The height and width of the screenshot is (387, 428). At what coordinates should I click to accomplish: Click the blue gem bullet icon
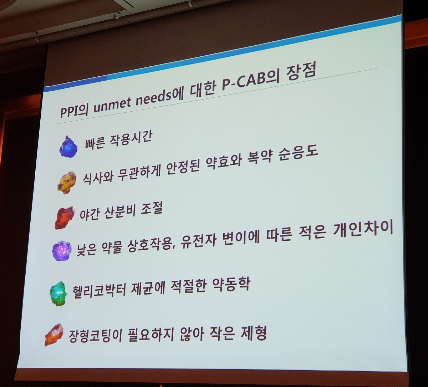68,147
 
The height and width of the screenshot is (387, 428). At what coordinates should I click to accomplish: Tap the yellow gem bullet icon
67,183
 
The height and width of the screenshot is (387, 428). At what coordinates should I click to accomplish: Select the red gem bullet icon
65,218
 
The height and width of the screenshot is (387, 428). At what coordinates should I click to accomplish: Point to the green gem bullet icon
58,294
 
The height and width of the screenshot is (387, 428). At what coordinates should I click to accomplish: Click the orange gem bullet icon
54,335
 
